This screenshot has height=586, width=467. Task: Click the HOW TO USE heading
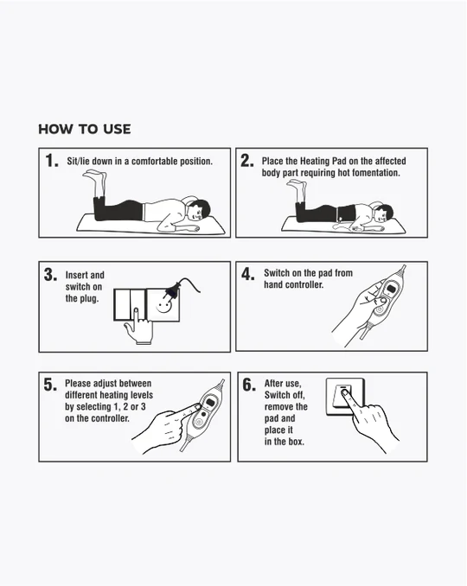85,130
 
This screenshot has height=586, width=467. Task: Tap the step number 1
52,161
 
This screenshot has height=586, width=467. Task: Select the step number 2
247,161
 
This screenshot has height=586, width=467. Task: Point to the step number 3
50,275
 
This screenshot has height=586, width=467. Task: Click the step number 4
248,274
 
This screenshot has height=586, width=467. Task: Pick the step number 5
50,385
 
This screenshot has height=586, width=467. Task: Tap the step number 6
249,385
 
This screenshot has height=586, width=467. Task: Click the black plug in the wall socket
172,290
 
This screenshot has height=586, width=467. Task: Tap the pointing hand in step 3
138,326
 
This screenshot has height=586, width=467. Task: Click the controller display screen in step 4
392,289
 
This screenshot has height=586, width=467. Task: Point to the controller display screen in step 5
209,403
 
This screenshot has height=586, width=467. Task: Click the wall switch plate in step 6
345,397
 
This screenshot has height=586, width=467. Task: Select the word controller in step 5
110,418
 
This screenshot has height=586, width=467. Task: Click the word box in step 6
297,442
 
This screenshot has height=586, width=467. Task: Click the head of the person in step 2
383,213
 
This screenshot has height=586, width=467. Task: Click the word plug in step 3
89,298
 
